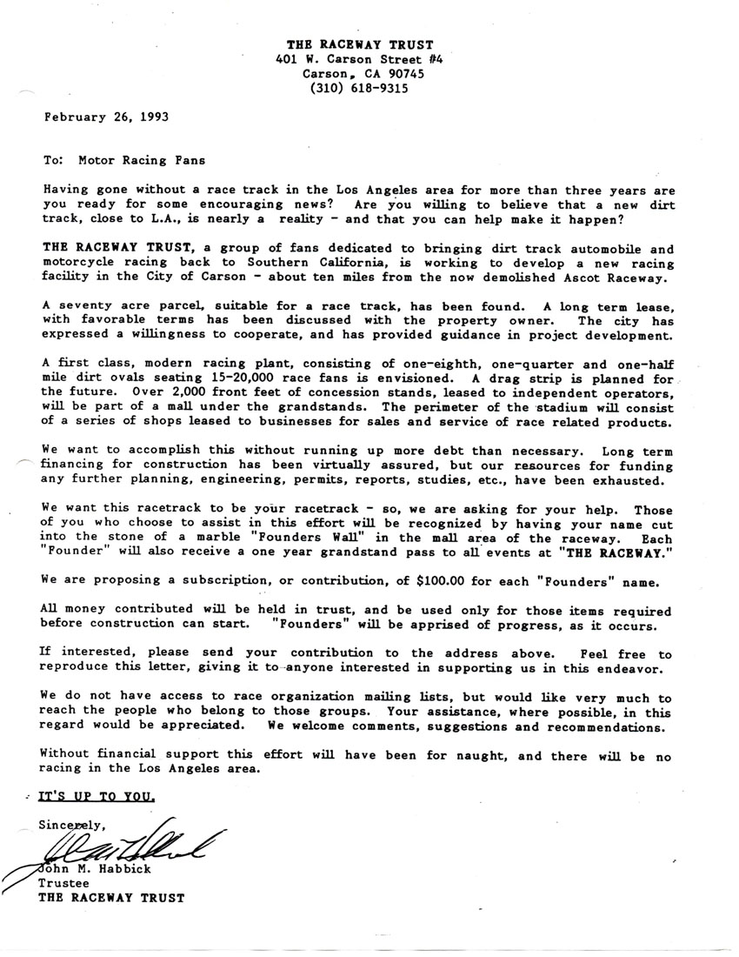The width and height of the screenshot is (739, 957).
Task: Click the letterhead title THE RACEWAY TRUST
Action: point(361,44)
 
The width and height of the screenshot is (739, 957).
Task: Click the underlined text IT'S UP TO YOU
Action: point(97,796)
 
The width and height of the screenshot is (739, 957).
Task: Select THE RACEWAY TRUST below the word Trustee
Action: point(111,899)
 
